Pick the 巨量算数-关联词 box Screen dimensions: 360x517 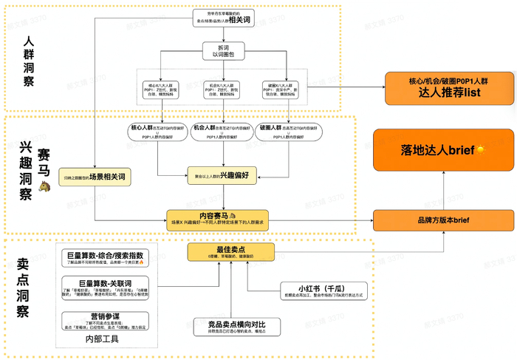coord(108,288)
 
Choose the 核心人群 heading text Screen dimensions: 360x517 coord(144,128)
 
